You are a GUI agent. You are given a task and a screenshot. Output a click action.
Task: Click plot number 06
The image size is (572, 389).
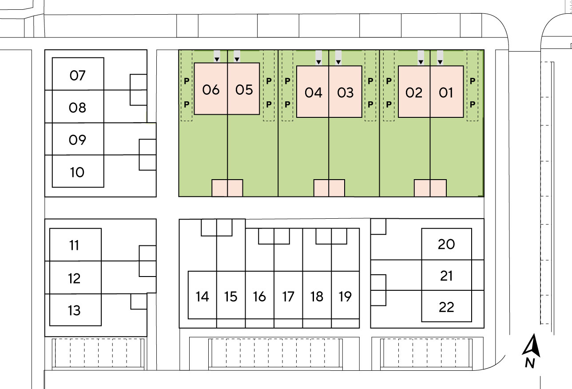(211, 90)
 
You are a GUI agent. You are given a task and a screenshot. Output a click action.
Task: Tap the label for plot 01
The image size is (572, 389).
(446, 92)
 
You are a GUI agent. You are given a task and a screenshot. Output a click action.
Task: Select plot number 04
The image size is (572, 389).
(314, 92)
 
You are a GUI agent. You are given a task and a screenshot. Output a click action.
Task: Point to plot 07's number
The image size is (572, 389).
(77, 76)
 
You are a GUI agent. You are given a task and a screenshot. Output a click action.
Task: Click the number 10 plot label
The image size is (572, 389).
(77, 172)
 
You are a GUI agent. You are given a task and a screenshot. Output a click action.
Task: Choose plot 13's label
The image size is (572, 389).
(74, 310)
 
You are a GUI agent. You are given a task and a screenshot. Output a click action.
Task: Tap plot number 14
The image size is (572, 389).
(202, 297)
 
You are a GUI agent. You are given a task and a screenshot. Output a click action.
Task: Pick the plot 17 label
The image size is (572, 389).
(288, 297)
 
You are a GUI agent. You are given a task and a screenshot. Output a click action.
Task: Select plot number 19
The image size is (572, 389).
(345, 297)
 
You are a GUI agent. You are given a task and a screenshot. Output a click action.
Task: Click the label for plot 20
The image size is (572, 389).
(446, 244)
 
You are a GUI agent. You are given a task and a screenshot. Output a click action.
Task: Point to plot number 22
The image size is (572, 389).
(446, 307)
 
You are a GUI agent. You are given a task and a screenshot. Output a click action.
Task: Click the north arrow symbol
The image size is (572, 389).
(532, 345)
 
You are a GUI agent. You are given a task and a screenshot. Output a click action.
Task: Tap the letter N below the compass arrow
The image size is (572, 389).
(530, 363)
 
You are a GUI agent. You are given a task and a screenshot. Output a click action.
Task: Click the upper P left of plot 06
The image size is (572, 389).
(187, 81)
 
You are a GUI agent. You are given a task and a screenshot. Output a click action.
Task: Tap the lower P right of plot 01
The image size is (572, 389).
(473, 104)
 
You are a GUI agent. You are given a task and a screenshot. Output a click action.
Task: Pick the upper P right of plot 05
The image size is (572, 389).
(269, 81)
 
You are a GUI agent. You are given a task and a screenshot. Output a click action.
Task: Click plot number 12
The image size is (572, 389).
(74, 278)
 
